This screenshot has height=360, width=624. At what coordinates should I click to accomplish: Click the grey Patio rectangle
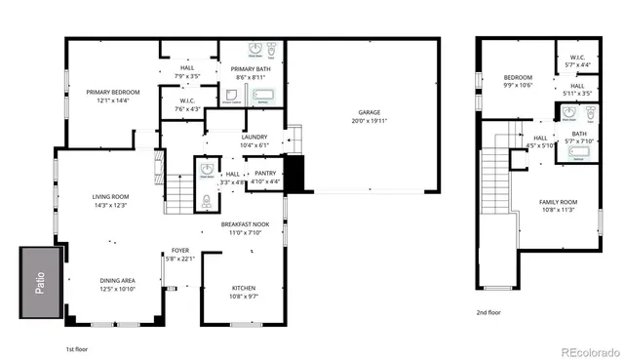38,277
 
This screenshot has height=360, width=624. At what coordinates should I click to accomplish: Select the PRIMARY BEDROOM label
113,92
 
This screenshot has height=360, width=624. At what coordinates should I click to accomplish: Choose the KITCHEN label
244,288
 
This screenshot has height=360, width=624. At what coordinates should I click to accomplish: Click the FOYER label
180,250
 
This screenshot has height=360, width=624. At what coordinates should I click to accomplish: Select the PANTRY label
265,173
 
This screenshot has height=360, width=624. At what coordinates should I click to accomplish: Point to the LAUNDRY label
254,138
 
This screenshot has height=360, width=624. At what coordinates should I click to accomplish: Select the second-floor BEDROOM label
517,76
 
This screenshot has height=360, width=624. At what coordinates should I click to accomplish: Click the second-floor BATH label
579,134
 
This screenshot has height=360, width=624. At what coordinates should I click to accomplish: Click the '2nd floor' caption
488,312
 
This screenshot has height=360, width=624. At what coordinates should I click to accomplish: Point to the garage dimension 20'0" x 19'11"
369,123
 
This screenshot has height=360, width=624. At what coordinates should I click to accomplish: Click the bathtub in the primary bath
262,97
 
